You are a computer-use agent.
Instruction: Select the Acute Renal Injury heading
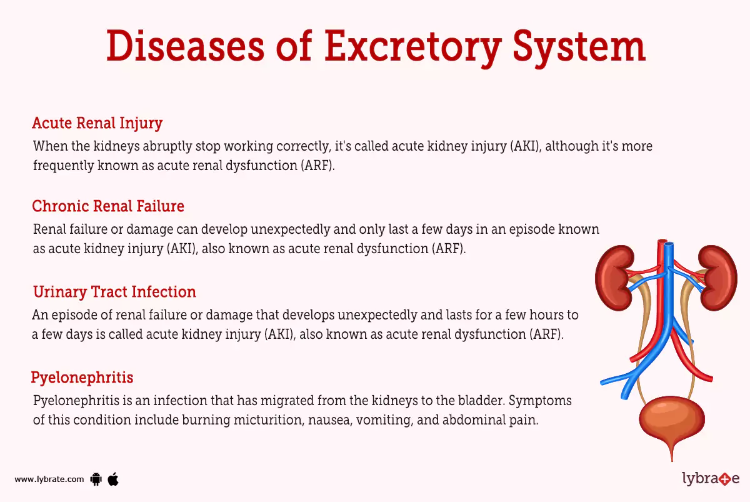(x=97, y=123)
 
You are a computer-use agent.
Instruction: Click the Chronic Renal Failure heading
(x=108, y=206)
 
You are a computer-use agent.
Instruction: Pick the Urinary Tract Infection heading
(x=114, y=291)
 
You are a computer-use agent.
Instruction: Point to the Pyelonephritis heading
(x=82, y=378)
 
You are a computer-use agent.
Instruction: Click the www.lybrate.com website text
(x=49, y=479)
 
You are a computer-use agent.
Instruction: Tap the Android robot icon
(x=96, y=479)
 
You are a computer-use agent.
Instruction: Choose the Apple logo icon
(x=113, y=479)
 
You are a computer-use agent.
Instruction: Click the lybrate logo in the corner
(x=710, y=479)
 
